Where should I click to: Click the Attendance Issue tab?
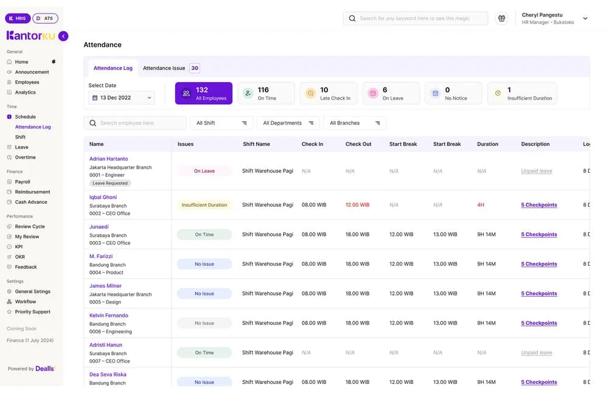point(164,68)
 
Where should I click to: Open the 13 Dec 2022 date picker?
point(122,98)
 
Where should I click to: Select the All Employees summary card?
point(203,94)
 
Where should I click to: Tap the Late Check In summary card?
point(329,94)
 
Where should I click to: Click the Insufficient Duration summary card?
point(522,94)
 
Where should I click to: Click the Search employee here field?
point(135,123)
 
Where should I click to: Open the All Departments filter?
point(288,123)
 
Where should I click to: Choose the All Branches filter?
point(354,123)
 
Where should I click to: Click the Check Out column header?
point(358,144)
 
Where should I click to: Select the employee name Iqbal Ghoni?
point(103,197)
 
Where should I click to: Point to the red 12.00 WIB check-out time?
point(357,205)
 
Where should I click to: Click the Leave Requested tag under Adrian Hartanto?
point(110,183)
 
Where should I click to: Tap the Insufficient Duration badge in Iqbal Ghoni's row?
point(204,205)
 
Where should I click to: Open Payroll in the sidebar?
point(23,182)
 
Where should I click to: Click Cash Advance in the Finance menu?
point(31,202)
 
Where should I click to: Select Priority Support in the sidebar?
point(32,311)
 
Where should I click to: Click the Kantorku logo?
point(30,36)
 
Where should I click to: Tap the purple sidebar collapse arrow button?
point(63,37)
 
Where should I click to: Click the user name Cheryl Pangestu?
point(542,15)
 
